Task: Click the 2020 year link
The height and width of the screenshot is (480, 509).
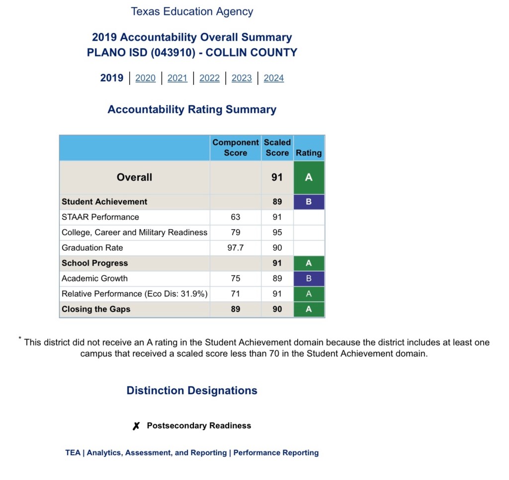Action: [x=145, y=78]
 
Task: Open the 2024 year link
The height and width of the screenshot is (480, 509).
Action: [x=273, y=78]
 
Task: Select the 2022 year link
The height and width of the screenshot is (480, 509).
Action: [x=209, y=78]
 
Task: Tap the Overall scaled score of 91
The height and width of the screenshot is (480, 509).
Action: [x=277, y=177]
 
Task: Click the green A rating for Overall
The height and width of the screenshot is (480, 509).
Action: [x=309, y=177]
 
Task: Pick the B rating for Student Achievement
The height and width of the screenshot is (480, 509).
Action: [x=309, y=202]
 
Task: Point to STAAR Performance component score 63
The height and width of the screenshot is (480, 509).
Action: [x=236, y=217]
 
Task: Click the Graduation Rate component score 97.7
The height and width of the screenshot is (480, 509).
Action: [x=236, y=248]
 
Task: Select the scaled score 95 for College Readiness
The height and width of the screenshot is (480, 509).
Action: [x=277, y=232]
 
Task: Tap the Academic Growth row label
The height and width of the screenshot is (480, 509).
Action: [x=94, y=278]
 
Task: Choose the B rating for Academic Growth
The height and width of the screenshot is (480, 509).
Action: [x=309, y=278]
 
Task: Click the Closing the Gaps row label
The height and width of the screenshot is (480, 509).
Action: [x=96, y=309]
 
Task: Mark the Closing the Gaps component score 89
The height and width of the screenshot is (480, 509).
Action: [x=236, y=309]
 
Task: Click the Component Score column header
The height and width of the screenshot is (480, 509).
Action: [x=236, y=147]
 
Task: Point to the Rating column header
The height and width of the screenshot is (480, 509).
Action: [x=309, y=153]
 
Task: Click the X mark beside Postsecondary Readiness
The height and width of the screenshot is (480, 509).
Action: [x=136, y=426]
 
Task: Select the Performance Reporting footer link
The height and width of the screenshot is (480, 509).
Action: [x=276, y=453]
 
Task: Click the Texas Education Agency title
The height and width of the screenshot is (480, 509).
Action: [x=192, y=11]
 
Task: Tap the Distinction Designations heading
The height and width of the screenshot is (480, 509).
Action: [x=192, y=391]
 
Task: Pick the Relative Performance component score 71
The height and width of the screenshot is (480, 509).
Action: [x=236, y=294]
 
